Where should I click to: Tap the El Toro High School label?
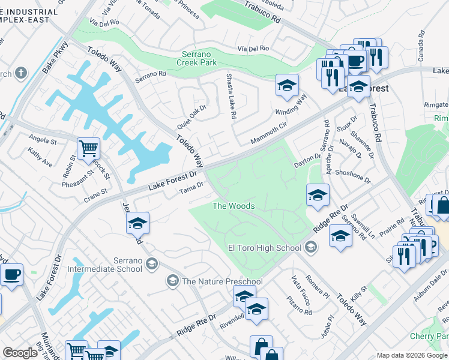[264, 248]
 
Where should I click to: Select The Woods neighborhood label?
[234, 206]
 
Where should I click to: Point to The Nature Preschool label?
[222, 281]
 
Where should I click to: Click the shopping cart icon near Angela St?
[88, 147]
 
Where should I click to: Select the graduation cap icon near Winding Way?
[287, 85]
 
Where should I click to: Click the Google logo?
[20, 353]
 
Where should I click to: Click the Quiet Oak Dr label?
[191, 116]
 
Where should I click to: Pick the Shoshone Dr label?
[354, 176]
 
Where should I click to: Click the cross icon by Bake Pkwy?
[20, 74]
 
